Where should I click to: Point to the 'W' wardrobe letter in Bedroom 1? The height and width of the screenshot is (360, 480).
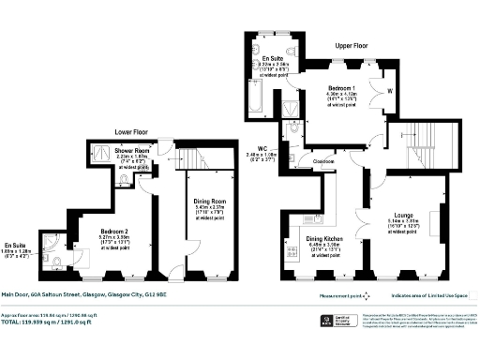pyautogui.click(x=389, y=91)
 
